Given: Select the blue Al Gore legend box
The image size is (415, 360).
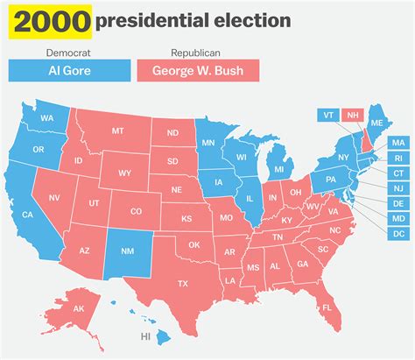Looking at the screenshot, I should pos(68,70).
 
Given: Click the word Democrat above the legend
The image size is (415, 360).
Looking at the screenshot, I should pos(68,53).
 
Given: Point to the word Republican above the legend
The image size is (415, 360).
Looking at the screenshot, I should pos(194,53).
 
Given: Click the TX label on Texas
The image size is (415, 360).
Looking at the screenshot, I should pos(184,284).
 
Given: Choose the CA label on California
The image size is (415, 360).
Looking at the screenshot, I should pos(28,215).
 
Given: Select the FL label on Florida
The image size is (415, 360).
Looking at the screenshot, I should pos(327,307).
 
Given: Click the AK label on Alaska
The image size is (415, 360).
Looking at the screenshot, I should pos(78,308).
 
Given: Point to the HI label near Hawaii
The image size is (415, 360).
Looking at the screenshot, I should pos(145,336).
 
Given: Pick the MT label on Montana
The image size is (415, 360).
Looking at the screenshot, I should pos(118,131).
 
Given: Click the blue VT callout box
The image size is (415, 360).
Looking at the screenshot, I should pos(327,115).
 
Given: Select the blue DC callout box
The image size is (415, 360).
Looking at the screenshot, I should pos(398,234).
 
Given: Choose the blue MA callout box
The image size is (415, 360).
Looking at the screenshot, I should pos(398,142).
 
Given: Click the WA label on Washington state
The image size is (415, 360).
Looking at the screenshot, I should pos(47,118).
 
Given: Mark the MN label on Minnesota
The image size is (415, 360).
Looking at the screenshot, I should pos(208,142).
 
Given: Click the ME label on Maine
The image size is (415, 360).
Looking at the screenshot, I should pos(377,123).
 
